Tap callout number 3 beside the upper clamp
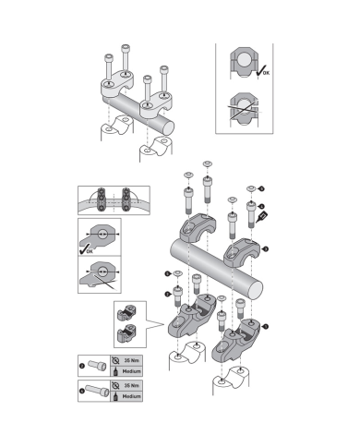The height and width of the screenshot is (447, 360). pos(266,248)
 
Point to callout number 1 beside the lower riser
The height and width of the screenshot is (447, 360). pos(267,325)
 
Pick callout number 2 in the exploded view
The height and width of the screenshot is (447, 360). pos(168,293)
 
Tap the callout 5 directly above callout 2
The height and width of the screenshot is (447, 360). pos(168,274)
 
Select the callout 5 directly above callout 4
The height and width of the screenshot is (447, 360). pos(262,188)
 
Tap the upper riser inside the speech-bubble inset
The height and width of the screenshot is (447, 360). pos(129,314)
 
